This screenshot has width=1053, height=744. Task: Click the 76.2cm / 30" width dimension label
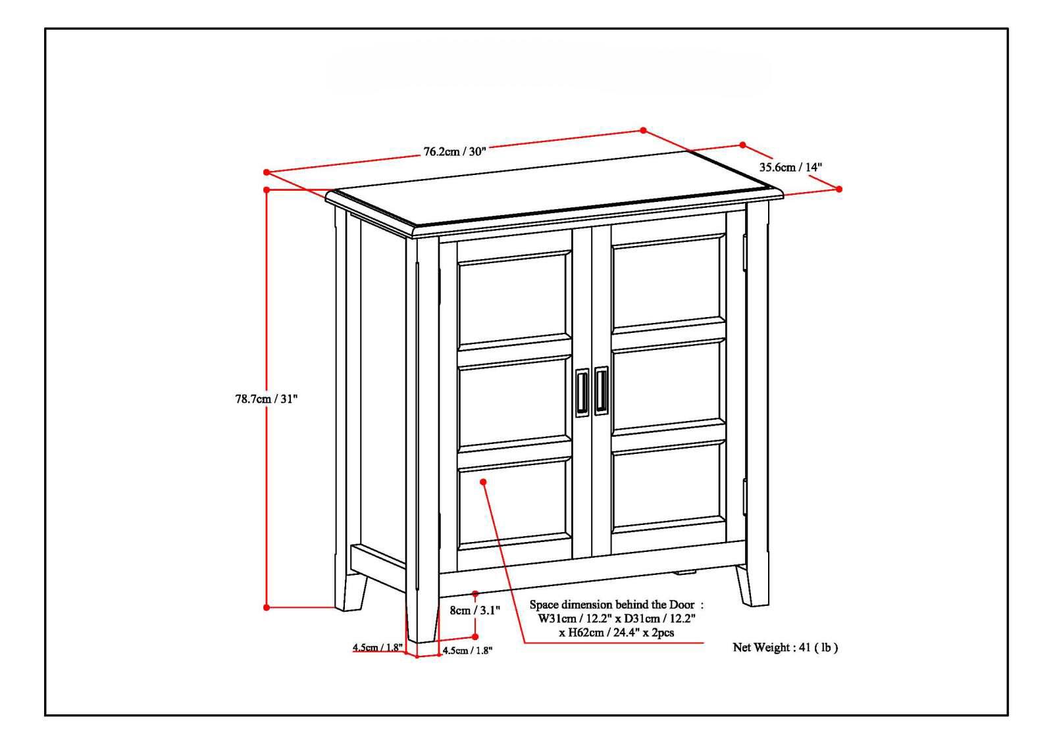454,151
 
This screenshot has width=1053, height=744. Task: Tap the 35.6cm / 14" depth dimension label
790,167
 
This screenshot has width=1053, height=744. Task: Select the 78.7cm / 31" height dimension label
267,399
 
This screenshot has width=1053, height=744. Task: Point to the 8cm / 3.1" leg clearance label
475,610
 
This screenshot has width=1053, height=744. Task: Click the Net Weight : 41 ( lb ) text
785,647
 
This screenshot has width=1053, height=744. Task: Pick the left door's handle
582,393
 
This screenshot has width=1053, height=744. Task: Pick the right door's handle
602,391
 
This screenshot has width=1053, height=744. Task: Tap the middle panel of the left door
514,401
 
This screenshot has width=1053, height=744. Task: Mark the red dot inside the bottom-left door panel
484,482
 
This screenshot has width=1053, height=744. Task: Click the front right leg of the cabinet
752,585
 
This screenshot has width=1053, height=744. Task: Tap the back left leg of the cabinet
351,592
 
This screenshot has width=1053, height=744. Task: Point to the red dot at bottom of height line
267,607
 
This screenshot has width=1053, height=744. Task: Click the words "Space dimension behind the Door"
616,604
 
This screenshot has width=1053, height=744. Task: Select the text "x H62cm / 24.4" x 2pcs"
616,633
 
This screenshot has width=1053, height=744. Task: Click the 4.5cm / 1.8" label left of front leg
377,647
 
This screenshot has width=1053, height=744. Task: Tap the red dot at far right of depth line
839,189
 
